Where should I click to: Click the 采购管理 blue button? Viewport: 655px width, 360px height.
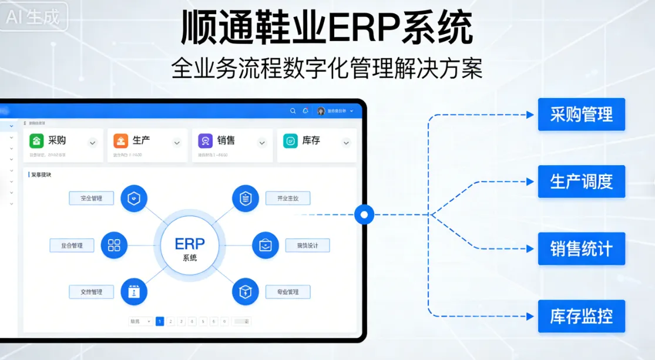coord(581,114)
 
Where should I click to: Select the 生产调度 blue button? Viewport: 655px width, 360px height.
coord(581,181)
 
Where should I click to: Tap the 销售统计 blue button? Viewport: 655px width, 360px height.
coord(581,248)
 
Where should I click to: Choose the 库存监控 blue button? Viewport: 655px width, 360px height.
coord(581,317)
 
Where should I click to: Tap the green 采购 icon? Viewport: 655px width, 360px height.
coord(37,141)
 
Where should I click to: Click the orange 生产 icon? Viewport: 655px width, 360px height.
coord(121,141)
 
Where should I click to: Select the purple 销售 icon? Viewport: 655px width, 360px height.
coord(205,141)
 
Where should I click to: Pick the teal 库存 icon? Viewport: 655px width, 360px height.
coord(290,141)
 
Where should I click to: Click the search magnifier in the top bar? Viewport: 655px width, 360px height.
coord(293,110)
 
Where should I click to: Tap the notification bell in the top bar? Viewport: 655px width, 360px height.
coord(305,110)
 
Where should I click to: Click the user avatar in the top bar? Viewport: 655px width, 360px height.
coord(321,110)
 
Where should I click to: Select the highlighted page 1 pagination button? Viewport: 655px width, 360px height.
coord(160,321)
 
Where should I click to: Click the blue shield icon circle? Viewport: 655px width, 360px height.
coord(134,198)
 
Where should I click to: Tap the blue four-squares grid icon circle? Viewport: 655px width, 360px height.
coord(114,245)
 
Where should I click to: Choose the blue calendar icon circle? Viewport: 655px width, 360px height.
coord(134,291)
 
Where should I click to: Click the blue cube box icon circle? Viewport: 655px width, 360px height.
coord(246,291)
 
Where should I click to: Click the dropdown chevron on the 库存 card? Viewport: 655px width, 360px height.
coord(346,142)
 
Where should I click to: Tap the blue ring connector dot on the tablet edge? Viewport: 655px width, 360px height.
coord(364,215)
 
